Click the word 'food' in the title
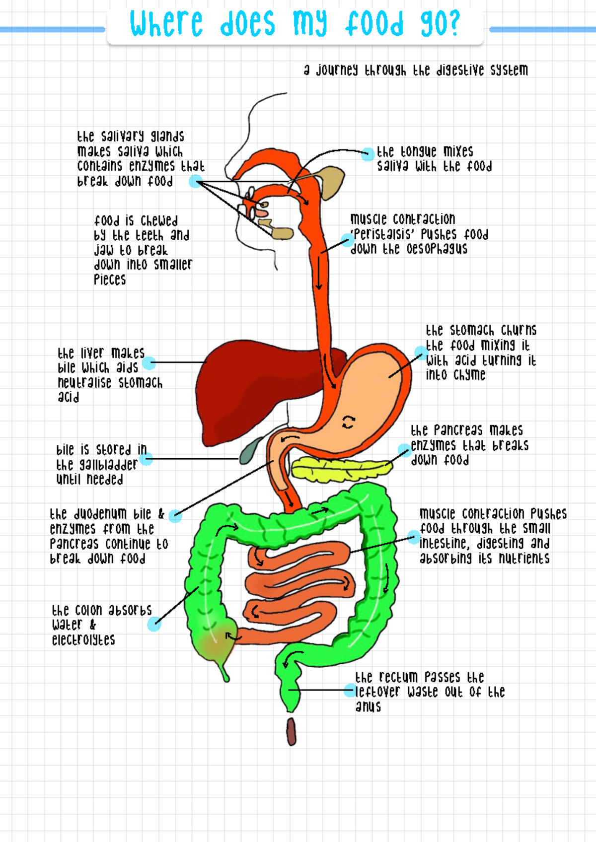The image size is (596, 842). coord(375,23)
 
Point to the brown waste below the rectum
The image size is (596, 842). coord(292,731)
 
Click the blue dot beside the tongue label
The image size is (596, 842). coord(368,154)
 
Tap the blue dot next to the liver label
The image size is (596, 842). coord(149,363)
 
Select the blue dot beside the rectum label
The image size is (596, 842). coord(350,690)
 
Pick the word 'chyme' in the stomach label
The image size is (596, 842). coord(469,375)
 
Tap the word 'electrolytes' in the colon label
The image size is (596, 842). coord(83,639)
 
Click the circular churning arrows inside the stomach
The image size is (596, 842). coord(349,422)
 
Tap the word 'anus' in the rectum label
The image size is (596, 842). coord(368,706)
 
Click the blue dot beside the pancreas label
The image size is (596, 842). coord(404,450)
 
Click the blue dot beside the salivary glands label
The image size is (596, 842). coord(196,181)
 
